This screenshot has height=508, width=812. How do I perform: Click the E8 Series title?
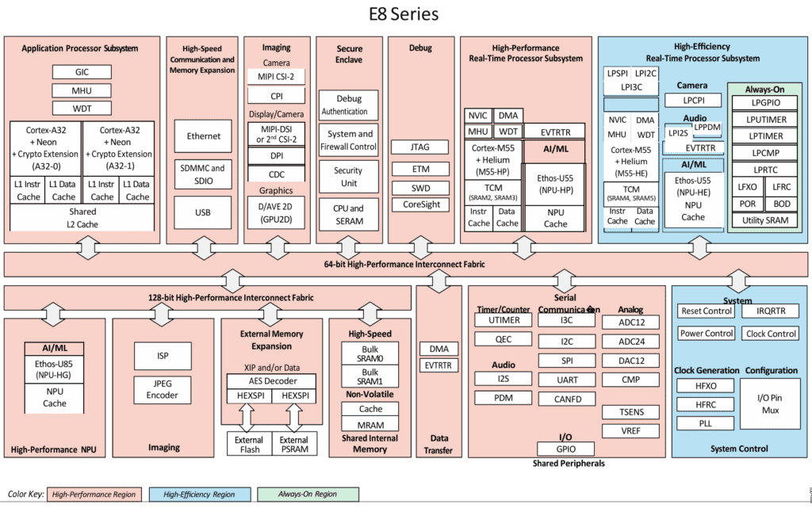pyautogui.click(x=404, y=14)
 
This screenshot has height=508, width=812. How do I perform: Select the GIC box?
pyautogui.click(x=82, y=72)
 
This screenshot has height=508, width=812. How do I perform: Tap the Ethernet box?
pyautogui.click(x=204, y=136)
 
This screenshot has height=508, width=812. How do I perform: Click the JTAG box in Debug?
pyautogui.click(x=420, y=147)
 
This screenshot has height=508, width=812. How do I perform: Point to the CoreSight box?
pyautogui.click(x=420, y=204)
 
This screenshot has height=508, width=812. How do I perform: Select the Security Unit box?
pyautogui.click(x=347, y=177)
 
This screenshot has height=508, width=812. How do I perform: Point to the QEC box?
pyautogui.click(x=503, y=339)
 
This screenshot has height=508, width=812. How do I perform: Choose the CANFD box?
pyautogui.click(x=567, y=399)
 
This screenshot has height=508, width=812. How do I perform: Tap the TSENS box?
pyautogui.click(x=631, y=412)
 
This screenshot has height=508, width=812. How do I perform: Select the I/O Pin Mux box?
pyautogui.click(x=770, y=403)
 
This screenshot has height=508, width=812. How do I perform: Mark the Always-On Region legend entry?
pyautogui.click(x=306, y=495)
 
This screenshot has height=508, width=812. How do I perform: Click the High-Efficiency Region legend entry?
pyautogui.click(x=198, y=495)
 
